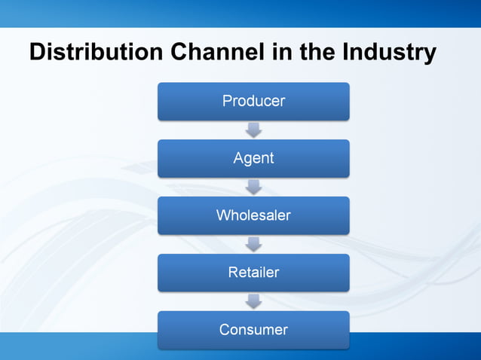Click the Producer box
253,101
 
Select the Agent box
253,158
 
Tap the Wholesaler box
253,215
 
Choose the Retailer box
253,273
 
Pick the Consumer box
253,330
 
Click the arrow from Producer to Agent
254,130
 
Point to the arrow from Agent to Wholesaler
254,187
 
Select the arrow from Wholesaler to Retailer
254,244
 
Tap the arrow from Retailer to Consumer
254,301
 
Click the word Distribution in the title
96,53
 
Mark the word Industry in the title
389,53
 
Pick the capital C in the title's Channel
179,53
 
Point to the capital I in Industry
345,53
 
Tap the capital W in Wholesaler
223,215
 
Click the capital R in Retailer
233,273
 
